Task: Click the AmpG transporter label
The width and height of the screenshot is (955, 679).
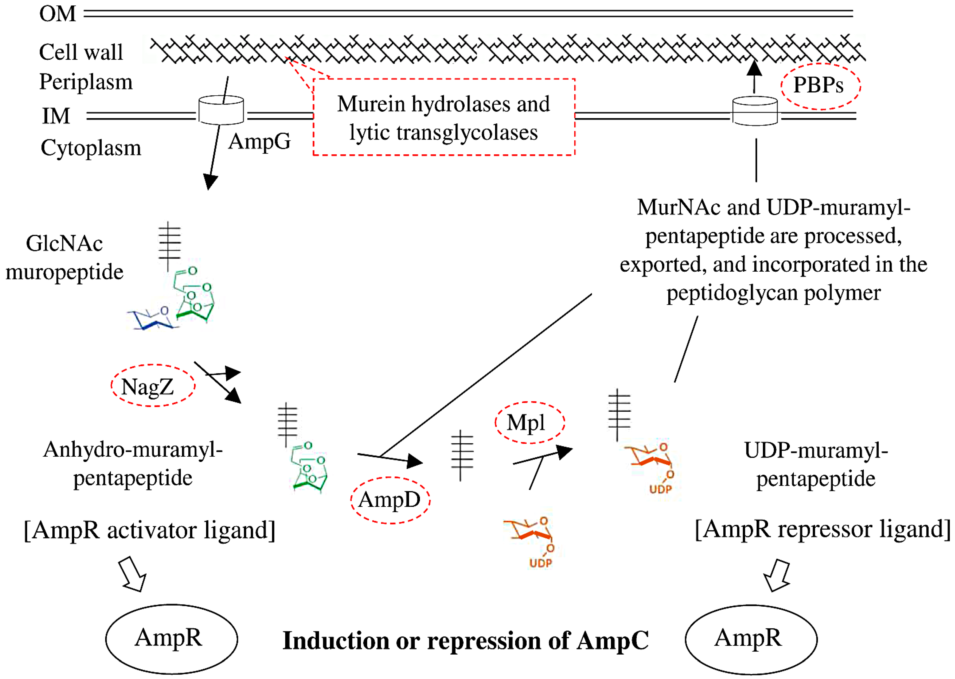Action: click(259, 141)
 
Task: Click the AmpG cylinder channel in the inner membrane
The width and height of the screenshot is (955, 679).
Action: click(221, 110)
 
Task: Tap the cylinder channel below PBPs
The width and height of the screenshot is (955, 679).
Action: click(755, 111)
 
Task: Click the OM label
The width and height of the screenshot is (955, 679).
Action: click(58, 14)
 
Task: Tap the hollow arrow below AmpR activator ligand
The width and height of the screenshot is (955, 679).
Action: click(132, 574)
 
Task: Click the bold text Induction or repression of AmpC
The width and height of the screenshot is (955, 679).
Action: click(466, 641)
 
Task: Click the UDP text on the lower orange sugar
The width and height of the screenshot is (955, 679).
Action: click(541, 563)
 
